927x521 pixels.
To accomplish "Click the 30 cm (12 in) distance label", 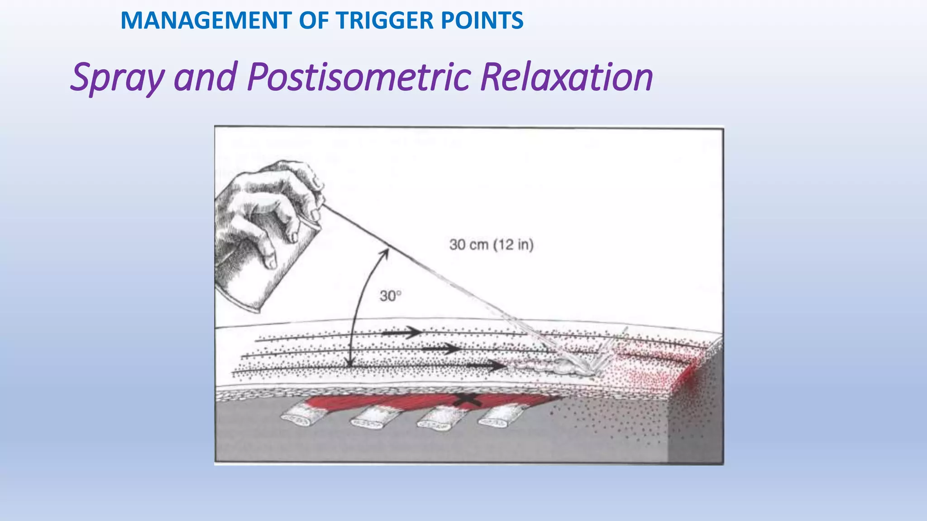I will [x=491, y=245].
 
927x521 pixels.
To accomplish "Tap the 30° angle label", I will [x=390, y=296].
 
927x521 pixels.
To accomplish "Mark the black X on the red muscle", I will [x=467, y=399].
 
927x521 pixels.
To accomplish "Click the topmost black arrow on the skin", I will [x=402, y=333].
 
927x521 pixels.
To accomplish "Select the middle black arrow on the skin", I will [x=441, y=349].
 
